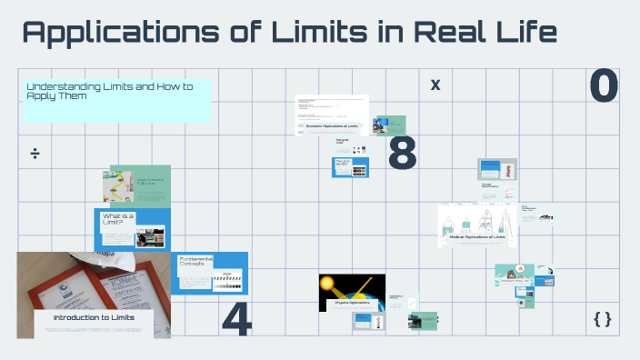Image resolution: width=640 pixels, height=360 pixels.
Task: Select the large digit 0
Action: click(x=604, y=85)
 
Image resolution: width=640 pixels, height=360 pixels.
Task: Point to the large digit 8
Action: click(x=402, y=154)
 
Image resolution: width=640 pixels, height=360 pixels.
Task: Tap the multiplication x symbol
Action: click(x=435, y=85)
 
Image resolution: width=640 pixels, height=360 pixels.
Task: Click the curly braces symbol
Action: click(x=602, y=318)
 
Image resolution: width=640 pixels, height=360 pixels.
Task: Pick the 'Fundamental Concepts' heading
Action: click(x=196, y=264)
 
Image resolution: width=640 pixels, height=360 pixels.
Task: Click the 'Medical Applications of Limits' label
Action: click(x=476, y=237)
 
